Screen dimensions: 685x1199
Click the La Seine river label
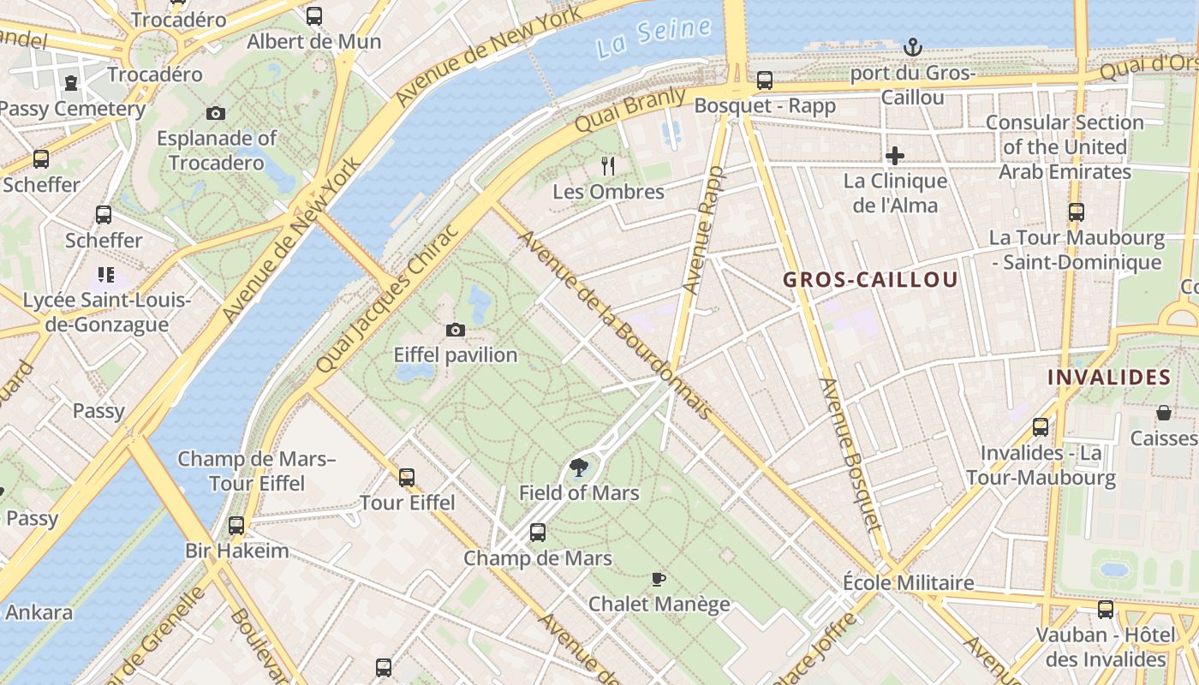(655, 38)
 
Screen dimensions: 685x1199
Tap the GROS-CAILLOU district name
(870, 280)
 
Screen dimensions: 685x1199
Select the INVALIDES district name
(1109, 377)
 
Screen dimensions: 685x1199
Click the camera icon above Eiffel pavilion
(456, 330)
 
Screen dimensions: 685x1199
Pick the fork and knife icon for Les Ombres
(608, 165)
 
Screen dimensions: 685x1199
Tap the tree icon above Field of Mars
(579, 468)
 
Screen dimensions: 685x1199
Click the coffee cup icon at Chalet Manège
(658, 579)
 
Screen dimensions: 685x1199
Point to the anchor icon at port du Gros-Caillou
(912, 47)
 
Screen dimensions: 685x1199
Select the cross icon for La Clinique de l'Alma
(895, 156)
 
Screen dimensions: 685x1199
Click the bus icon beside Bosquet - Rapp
(765, 80)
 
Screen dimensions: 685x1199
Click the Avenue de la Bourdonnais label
(615, 325)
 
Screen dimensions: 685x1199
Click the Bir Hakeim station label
(237, 550)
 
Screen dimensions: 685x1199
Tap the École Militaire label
(909, 582)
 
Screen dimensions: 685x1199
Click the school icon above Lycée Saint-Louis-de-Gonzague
(105, 275)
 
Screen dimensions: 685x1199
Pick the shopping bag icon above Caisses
(1164, 414)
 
